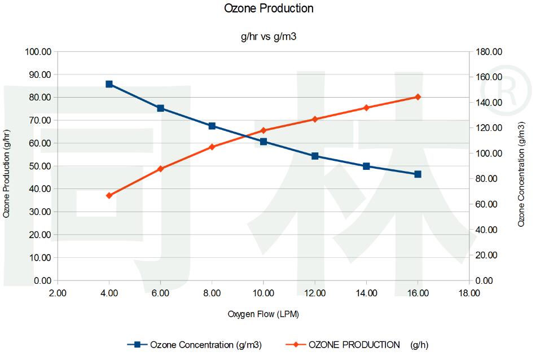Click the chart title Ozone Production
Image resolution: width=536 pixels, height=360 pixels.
tap(269, 8)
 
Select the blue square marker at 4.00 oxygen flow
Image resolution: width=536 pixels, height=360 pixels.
tap(109, 84)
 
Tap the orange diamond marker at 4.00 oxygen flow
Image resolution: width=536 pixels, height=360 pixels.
tap(109, 195)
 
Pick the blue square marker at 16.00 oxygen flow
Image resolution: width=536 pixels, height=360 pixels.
tap(418, 174)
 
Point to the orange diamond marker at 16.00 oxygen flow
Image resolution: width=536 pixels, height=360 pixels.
tap(418, 97)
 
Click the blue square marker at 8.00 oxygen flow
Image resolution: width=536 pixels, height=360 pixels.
tap(212, 126)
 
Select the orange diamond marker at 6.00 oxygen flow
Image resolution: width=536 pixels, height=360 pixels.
tap(160, 169)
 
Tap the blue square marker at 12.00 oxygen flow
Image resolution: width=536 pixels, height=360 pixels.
tap(315, 156)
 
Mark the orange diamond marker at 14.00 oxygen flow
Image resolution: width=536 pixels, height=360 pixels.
tap(366, 108)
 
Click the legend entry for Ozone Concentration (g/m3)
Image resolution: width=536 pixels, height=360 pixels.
tap(195, 344)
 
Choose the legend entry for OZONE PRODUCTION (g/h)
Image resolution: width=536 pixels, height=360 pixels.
tap(355, 344)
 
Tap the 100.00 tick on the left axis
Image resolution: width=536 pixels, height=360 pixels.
tap(38, 52)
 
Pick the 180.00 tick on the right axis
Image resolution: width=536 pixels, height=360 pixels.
tap(489, 52)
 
